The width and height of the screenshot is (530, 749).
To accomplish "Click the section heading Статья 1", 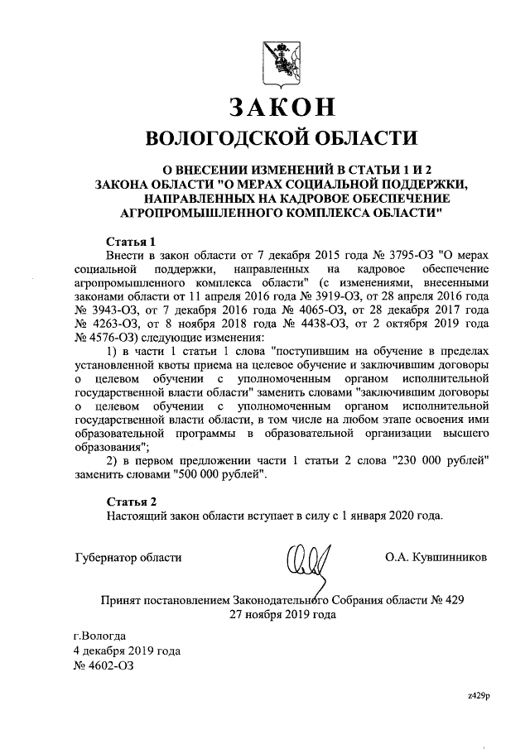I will [x=132, y=242].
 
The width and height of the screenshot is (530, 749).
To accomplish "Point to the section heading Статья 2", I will [x=132, y=501].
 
